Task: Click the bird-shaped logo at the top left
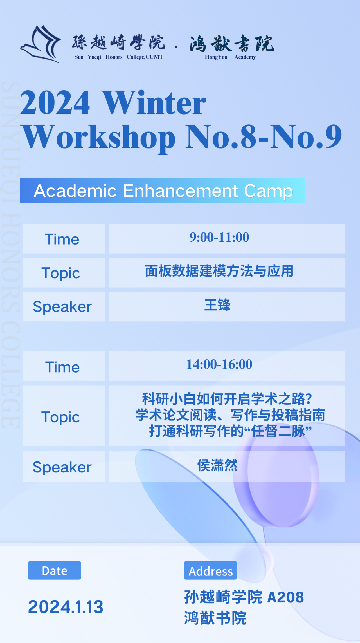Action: pyautogui.click(x=41, y=44)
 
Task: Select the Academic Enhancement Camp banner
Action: pyautogui.click(x=163, y=191)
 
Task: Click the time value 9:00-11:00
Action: pyautogui.click(x=219, y=237)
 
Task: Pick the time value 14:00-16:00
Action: pyautogui.click(x=219, y=364)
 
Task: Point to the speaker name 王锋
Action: pyautogui.click(x=217, y=305)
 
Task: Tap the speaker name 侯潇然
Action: pyautogui.click(x=217, y=465)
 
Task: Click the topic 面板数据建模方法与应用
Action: pyautogui.click(x=219, y=271)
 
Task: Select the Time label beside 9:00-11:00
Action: pyautogui.click(x=62, y=239)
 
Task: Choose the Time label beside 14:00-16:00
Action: pyautogui.click(x=62, y=367)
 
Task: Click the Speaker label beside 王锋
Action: pyautogui.click(x=62, y=306)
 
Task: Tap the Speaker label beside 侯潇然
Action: pyautogui.click(x=62, y=467)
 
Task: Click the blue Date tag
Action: pyautogui.click(x=54, y=570)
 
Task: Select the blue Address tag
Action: pyautogui.click(x=210, y=570)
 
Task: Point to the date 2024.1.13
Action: pyautogui.click(x=66, y=607)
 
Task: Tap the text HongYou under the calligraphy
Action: pyautogui.click(x=216, y=57)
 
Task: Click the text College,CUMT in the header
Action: pyautogui.click(x=145, y=57)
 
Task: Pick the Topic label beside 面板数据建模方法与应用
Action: pyautogui.click(x=61, y=273)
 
